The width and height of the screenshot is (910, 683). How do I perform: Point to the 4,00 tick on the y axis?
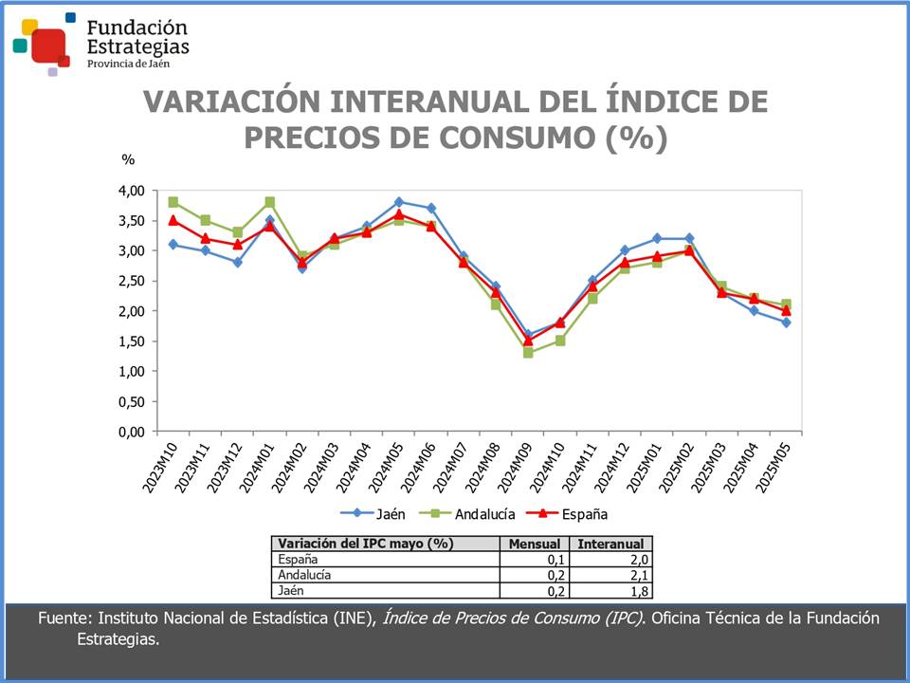coord(131,191)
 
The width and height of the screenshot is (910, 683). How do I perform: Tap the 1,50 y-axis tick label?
coord(131,341)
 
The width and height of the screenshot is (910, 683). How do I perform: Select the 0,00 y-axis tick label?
coord(131,432)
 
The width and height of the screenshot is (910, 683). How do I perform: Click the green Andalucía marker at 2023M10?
coord(173,202)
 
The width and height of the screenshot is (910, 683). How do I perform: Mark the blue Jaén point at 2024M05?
coord(399,202)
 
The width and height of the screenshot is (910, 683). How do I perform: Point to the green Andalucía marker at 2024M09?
coord(528,353)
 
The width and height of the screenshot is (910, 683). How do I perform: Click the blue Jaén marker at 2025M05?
coord(786,323)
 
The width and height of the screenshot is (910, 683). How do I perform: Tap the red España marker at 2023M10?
coord(173,220)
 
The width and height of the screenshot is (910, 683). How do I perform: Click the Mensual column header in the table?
coord(535,544)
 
